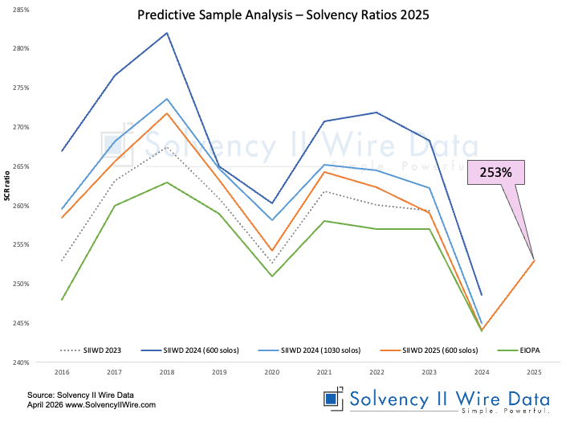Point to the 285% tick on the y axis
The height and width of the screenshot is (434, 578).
(x=21, y=10)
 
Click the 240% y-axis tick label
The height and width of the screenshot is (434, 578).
(x=21, y=362)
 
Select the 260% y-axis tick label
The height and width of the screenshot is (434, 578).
(x=21, y=206)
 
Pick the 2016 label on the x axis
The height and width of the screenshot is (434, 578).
(x=62, y=374)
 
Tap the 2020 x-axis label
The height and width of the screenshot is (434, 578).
(x=271, y=374)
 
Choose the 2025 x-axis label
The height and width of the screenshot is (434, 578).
(x=534, y=374)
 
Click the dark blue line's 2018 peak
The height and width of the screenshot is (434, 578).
(x=167, y=33)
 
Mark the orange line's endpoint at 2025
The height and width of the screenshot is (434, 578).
(x=534, y=260)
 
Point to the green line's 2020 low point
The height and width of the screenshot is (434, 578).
(x=271, y=276)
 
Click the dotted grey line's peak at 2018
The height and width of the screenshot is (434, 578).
(x=167, y=148)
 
